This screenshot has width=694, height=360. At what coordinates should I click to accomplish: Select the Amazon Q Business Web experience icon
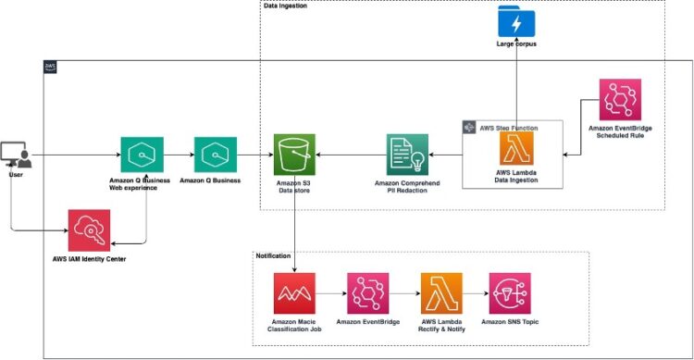coord(142,155)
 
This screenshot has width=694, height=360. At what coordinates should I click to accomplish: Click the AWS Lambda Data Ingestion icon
coord(516,148)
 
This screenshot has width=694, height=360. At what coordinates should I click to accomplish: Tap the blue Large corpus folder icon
coord(516,20)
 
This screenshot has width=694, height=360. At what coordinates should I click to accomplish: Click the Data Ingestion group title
coord(286,6)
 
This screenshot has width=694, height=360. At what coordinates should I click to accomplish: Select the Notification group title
coord(273,255)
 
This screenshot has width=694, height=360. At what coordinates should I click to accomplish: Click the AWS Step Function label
coord(508,127)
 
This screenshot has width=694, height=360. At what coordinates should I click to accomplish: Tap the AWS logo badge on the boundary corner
coord(51,67)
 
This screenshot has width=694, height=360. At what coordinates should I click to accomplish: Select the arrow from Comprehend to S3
coord(351,155)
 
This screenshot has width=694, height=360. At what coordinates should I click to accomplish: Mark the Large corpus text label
coord(516,43)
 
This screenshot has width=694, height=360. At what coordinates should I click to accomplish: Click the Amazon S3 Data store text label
coord(294,185)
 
